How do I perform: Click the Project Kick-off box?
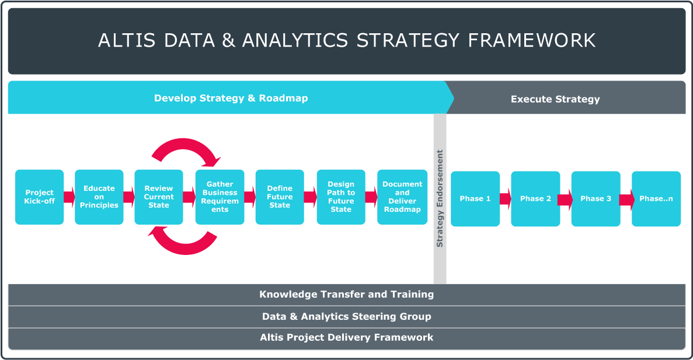click(39, 197)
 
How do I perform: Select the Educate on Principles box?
click(99, 197)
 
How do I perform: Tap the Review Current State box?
click(159, 197)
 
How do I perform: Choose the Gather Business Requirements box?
click(220, 197)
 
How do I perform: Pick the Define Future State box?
click(280, 197)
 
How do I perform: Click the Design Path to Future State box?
click(341, 197)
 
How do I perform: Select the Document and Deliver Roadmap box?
click(402, 197)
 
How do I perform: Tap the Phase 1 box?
click(475, 199)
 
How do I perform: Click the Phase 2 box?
click(535, 199)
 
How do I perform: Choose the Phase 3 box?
click(596, 199)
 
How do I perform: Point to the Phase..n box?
click(656, 199)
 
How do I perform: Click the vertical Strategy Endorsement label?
click(440, 198)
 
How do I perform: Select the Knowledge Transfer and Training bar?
click(347, 295)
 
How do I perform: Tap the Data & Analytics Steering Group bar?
click(347, 317)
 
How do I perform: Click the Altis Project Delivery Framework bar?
click(347, 338)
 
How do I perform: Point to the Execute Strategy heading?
click(555, 99)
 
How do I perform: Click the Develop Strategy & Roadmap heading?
click(231, 98)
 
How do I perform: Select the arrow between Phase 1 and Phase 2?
click(506, 199)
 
